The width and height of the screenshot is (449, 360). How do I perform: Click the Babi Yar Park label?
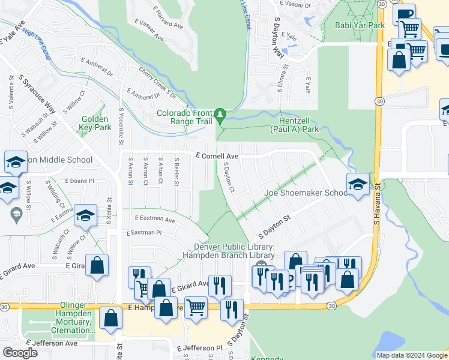[360, 26]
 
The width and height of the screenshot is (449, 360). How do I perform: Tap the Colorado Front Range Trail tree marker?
[220, 114]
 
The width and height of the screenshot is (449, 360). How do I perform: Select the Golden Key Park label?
[96, 124]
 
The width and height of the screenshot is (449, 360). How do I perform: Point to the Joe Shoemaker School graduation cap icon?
[357, 185]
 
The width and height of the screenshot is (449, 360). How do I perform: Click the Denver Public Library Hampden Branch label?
[234, 251]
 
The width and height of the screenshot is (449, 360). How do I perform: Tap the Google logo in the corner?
[20, 353]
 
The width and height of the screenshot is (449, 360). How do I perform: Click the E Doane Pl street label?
[79, 180]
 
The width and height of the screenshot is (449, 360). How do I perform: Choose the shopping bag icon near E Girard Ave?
[97, 266]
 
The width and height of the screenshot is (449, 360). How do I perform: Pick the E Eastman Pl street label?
[144, 232]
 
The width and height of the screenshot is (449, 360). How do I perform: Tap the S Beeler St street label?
[176, 171]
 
